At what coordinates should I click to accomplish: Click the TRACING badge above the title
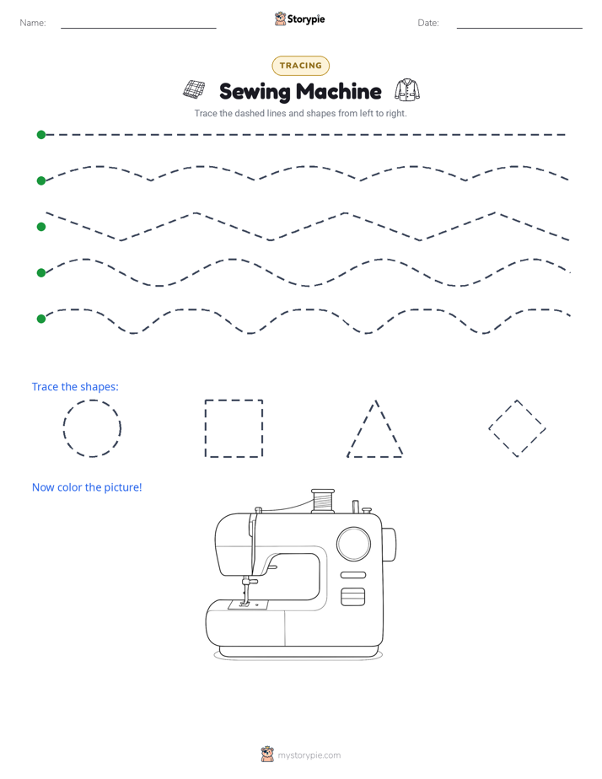click(300, 66)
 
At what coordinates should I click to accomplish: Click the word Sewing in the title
click(255, 93)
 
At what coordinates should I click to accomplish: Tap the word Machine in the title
click(339, 91)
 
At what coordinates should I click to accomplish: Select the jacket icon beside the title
click(406, 90)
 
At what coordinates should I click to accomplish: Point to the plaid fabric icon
click(194, 89)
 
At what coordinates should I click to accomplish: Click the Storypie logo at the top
click(299, 19)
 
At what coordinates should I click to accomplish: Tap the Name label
click(33, 23)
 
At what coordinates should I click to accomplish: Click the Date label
click(428, 23)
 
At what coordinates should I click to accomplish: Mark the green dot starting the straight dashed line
click(41, 135)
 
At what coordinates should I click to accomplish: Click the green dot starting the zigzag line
click(41, 227)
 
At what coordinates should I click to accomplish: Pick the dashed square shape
click(205, 428)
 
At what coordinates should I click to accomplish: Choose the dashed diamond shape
click(503, 413)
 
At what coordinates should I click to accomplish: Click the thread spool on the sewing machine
click(323, 501)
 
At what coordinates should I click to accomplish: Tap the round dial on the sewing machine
click(353, 544)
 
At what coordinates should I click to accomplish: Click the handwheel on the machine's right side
click(389, 545)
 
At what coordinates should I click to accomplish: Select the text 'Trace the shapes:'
click(76, 386)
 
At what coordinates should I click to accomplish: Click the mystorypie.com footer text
click(309, 755)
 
